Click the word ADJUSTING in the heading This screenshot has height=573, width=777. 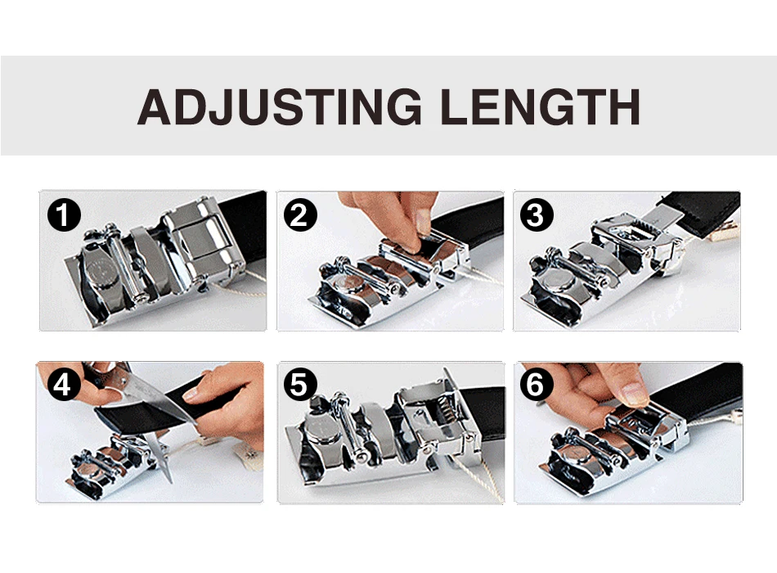coord(280,106)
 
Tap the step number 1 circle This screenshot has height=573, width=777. coord(64,214)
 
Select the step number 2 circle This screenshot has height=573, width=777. coord(300,214)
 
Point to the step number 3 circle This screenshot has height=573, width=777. coord(536,214)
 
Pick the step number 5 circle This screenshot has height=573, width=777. coord(299,385)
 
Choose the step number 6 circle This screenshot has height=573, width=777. coord(536,385)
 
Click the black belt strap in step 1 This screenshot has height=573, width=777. coord(244,223)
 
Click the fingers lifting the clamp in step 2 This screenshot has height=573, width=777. coord(397,219)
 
